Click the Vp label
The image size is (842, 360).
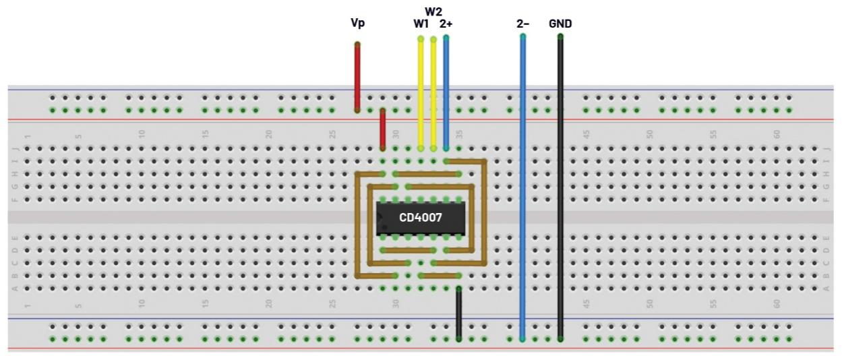(x=357, y=24)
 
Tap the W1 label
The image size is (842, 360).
(x=421, y=24)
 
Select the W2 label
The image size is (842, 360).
(x=433, y=11)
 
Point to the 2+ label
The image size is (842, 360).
(x=446, y=24)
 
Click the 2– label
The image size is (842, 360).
(x=522, y=24)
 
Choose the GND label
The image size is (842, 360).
(x=560, y=24)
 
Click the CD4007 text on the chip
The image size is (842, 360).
(x=421, y=218)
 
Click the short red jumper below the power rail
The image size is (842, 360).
(x=382, y=128)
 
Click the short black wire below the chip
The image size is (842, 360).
(x=459, y=313)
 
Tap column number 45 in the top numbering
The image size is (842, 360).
(x=586, y=134)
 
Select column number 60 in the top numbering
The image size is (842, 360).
(x=777, y=134)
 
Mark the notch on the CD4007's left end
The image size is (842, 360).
(x=379, y=218)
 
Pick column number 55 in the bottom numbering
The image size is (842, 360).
(x=713, y=304)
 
